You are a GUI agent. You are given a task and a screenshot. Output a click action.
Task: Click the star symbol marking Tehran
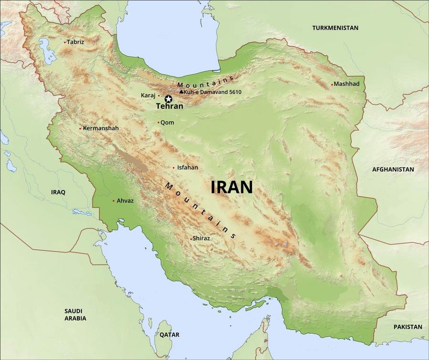pyautogui.click(x=168, y=99)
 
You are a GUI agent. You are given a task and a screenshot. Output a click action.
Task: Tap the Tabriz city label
pyautogui.click(x=75, y=42)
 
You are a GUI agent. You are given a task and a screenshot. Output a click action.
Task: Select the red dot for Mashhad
pyautogui.click(x=332, y=84)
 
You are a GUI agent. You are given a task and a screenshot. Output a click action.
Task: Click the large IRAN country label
pyautogui.click(x=232, y=187)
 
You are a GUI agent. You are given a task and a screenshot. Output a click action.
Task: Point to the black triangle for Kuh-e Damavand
pyautogui.click(x=181, y=91)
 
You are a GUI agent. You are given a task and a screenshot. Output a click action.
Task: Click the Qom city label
pyautogui.click(x=167, y=123)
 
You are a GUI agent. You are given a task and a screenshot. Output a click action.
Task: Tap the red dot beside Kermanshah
pyautogui.click(x=80, y=128)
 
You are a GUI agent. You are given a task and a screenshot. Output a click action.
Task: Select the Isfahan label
pyautogui.click(x=187, y=167)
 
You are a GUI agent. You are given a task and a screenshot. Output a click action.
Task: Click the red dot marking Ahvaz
pyautogui.click(x=113, y=201)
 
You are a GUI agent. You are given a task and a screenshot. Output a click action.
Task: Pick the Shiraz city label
pyautogui.click(x=201, y=238)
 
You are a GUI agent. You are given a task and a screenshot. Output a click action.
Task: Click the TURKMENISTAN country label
pyautogui.click(x=335, y=28)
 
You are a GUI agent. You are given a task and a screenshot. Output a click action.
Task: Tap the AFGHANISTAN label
pyautogui.click(x=393, y=169)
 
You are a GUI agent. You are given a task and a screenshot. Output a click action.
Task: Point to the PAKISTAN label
pyautogui.click(x=408, y=327)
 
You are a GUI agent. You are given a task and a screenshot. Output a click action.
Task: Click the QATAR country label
pyautogui.click(x=169, y=335)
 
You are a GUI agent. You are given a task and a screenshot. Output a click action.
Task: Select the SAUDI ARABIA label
pyautogui.click(x=76, y=314)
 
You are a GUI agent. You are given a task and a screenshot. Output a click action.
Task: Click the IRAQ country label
pyautogui.click(x=58, y=192)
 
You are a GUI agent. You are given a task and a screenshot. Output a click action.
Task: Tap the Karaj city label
pyautogui.click(x=148, y=95)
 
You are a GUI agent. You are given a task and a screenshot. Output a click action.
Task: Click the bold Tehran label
pyautogui.click(x=169, y=106)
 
